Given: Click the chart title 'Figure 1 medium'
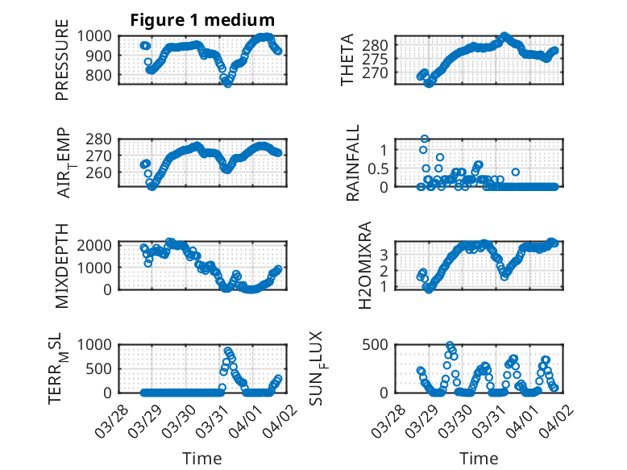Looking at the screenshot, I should (x=203, y=19).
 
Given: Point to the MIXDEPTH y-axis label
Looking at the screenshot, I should (x=62, y=265).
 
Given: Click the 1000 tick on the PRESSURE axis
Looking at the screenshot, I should (x=101, y=36).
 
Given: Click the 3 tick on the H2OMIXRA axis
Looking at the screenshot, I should (x=386, y=254).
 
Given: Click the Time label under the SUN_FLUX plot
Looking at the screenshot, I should (x=479, y=459).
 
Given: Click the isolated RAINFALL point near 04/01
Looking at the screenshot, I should (x=516, y=172).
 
